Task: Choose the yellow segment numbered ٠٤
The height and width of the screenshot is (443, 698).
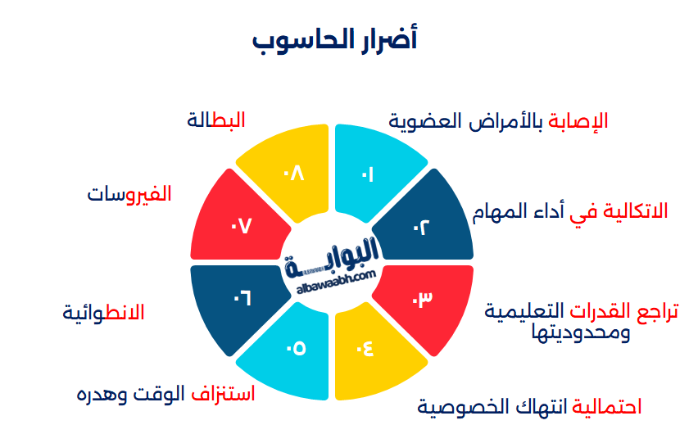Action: pyautogui.click(x=371, y=350)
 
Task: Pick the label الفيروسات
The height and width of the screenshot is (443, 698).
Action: pyautogui.click(x=129, y=194)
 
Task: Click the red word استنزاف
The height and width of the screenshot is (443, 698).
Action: pyautogui.click(x=224, y=394)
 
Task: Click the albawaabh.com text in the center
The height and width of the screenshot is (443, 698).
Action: pyautogui.click(x=333, y=278)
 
